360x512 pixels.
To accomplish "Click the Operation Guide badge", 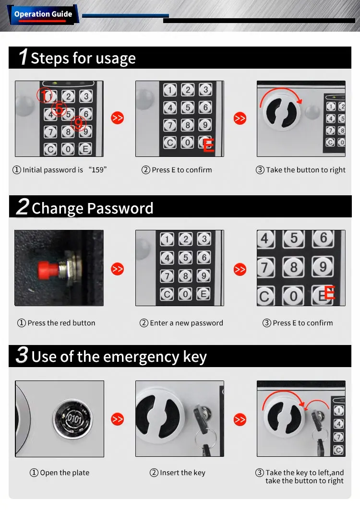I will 43,14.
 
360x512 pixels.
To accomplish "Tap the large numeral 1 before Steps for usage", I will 23,57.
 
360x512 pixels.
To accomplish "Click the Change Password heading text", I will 92,208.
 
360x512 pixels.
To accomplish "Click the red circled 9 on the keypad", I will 78,125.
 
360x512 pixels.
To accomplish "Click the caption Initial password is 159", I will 60,170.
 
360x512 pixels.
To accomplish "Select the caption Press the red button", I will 57,323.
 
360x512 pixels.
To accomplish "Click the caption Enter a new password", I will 182,323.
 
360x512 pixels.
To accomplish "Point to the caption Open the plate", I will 60,473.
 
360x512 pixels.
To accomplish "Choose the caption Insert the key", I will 178,473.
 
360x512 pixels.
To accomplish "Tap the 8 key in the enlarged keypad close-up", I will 293,266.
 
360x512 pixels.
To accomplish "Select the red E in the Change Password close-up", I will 330,292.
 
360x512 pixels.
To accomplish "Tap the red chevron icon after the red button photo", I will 118,269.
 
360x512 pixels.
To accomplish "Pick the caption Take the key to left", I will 304,473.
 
